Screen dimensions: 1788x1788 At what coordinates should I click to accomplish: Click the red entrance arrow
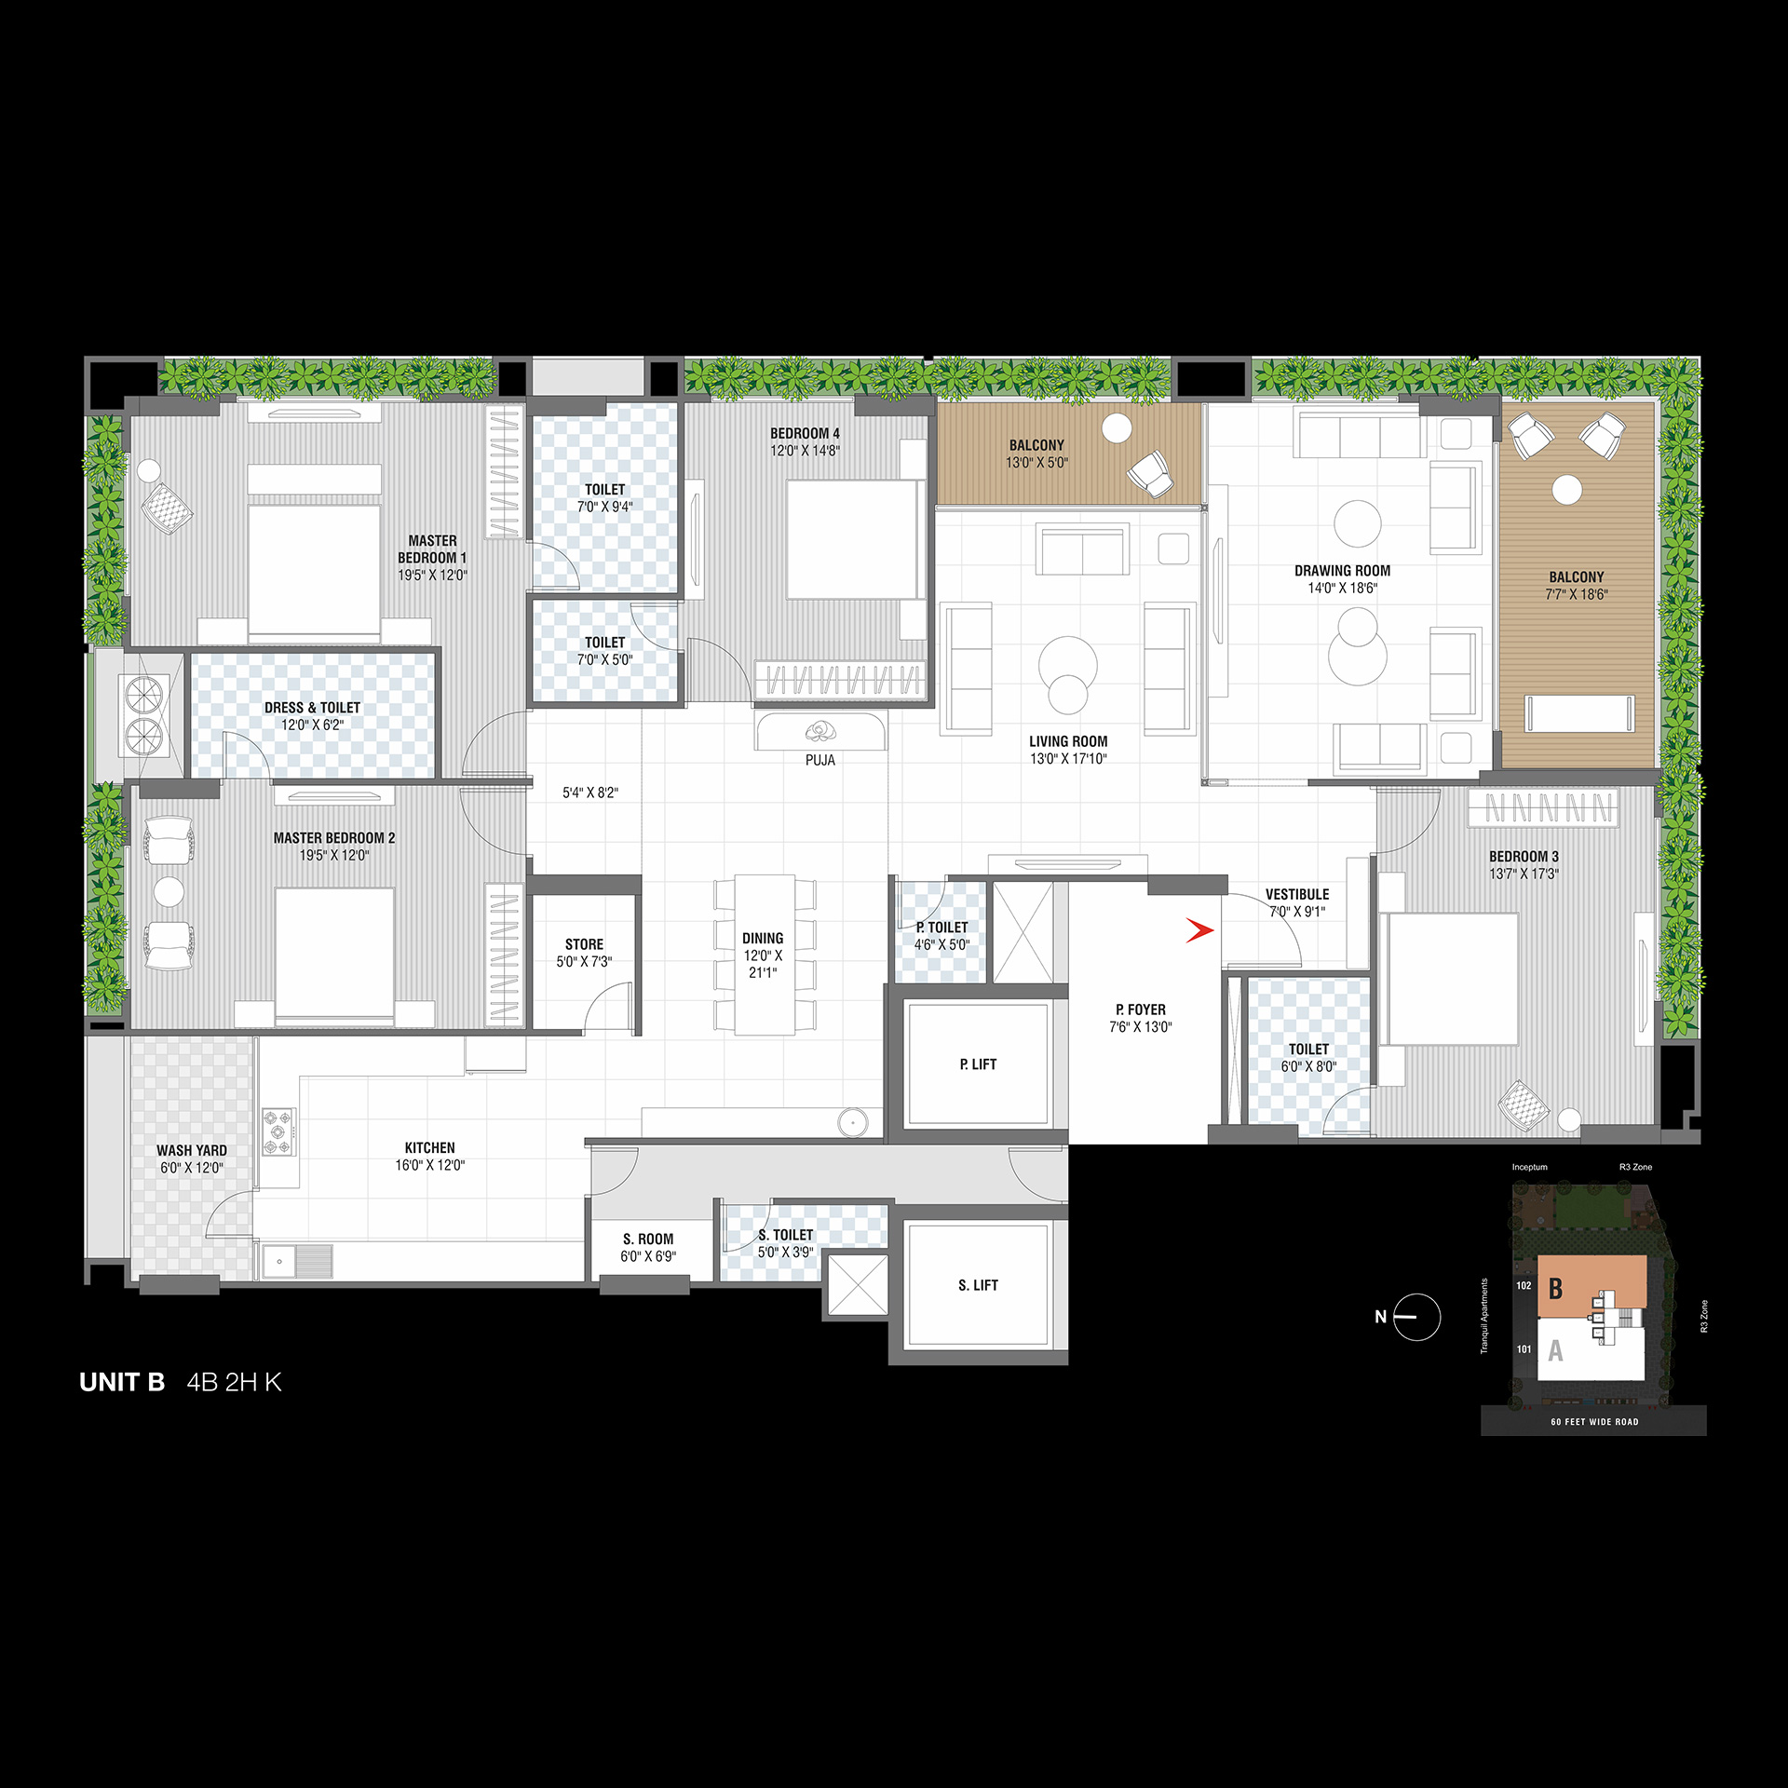pos(1199,930)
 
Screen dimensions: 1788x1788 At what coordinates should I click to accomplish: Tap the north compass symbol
pos(1416,1317)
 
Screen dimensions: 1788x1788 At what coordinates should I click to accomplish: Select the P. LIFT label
pos(978,1064)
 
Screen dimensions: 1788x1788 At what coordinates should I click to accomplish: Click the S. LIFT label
pos(978,1285)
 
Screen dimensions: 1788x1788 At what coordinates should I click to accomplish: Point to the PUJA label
pos(820,760)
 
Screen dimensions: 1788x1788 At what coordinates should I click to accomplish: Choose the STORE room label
pos(584,944)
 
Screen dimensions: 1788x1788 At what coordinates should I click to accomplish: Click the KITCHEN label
pos(430,1148)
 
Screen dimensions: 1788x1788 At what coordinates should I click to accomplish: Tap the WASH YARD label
pos(192,1151)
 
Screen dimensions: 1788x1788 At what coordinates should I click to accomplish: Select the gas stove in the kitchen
pos(278,1132)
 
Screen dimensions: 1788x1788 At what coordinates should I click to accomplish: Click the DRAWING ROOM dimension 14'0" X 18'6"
pos(1342,589)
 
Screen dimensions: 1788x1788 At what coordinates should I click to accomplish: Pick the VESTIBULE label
pos(1297,894)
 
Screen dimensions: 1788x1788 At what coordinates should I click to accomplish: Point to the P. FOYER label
pos(1141,1009)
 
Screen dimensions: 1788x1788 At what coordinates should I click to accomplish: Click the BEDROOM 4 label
pos(805,433)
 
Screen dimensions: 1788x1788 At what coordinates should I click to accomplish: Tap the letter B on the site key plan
pos(1555,1289)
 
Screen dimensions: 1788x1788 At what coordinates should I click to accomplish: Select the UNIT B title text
pos(122,1382)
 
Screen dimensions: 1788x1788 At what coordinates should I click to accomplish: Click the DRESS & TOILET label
pos(312,708)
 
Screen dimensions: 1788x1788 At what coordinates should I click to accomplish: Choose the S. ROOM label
pos(648,1239)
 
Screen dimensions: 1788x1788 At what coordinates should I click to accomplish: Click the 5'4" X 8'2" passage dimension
pos(590,793)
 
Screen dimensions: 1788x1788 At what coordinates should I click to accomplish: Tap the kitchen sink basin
pos(279,1262)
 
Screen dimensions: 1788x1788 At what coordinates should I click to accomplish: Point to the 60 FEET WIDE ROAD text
pos(1594,1422)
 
